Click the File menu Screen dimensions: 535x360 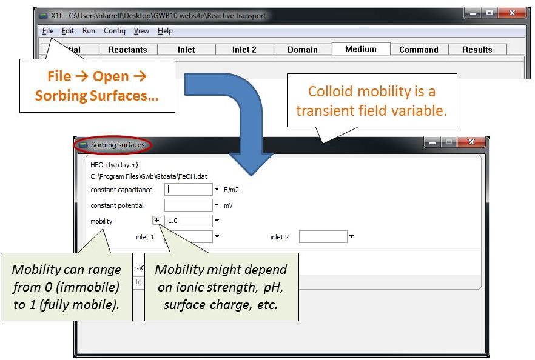tap(48, 31)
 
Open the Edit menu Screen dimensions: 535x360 tap(67, 31)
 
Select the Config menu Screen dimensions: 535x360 tap(114, 31)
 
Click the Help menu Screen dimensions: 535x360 tap(165, 31)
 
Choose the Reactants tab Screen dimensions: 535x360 tap(127, 50)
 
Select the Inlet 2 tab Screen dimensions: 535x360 tap(244, 50)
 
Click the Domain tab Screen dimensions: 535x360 tap(303, 50)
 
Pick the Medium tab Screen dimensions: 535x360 tap(361, 48)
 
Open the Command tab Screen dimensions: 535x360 tap(419, 50)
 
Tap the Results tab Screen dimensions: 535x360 tap(477, 50)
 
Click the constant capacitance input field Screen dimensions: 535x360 tap(188, 189)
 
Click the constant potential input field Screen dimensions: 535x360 tap(188, 205)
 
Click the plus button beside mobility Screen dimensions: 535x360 tap(156, 220)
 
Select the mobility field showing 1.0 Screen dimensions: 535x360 tap(188, 221)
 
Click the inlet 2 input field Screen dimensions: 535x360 tap(323, 236)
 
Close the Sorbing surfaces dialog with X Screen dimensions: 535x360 tap(471, 142)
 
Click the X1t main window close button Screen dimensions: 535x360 tap(512, 13)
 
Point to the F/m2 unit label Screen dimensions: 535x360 tap(231, 190)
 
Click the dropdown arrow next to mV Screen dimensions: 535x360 tap(217, 205)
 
